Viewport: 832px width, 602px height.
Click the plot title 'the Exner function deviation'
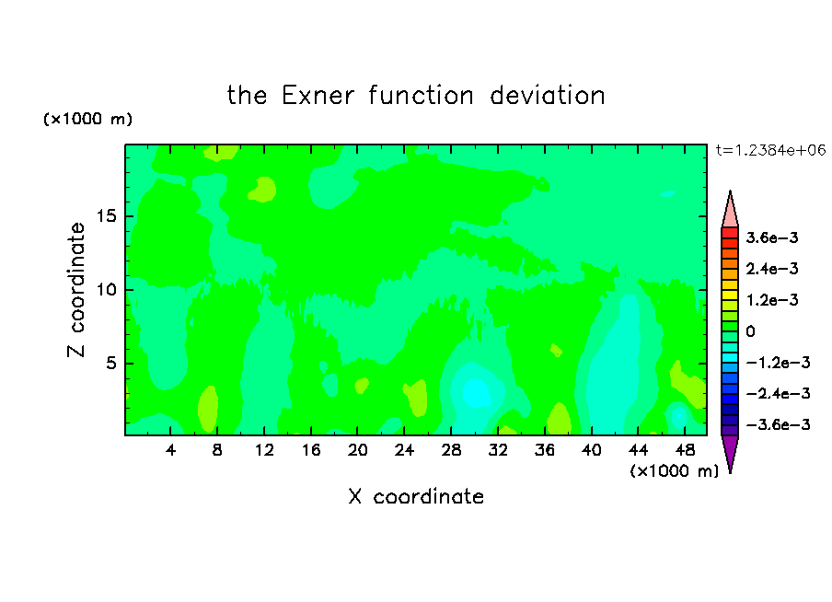click(x=416, y=96)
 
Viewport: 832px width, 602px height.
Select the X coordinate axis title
click(x=416, y=496)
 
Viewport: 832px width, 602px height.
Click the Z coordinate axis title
click(x=76, y=289)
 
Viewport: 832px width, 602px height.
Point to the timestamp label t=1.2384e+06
click(x=770, y=150)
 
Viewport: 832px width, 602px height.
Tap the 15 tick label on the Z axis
click(x=106, y=216)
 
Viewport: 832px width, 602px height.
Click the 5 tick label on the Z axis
click(x=110, y=363)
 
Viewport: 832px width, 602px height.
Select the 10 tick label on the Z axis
click(x=106, y=290)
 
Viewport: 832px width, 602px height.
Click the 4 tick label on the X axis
click(x=170, y=450)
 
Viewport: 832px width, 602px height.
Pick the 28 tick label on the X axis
click(x=451, y=450)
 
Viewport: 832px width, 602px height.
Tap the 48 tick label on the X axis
click(x=685, y=450)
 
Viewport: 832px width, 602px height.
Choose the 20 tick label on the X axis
click(x=358, y=450)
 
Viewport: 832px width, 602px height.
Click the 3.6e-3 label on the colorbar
click(x=772, y=237)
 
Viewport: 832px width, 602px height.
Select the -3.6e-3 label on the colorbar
click(x=778, y=424)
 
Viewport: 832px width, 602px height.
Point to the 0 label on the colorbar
click(x=750, y=331)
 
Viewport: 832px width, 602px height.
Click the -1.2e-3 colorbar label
click(x=778, y=363)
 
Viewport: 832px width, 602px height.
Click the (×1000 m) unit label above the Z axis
click(x=87, y=119)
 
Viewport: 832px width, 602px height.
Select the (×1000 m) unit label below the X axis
click(x=674, y=471)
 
